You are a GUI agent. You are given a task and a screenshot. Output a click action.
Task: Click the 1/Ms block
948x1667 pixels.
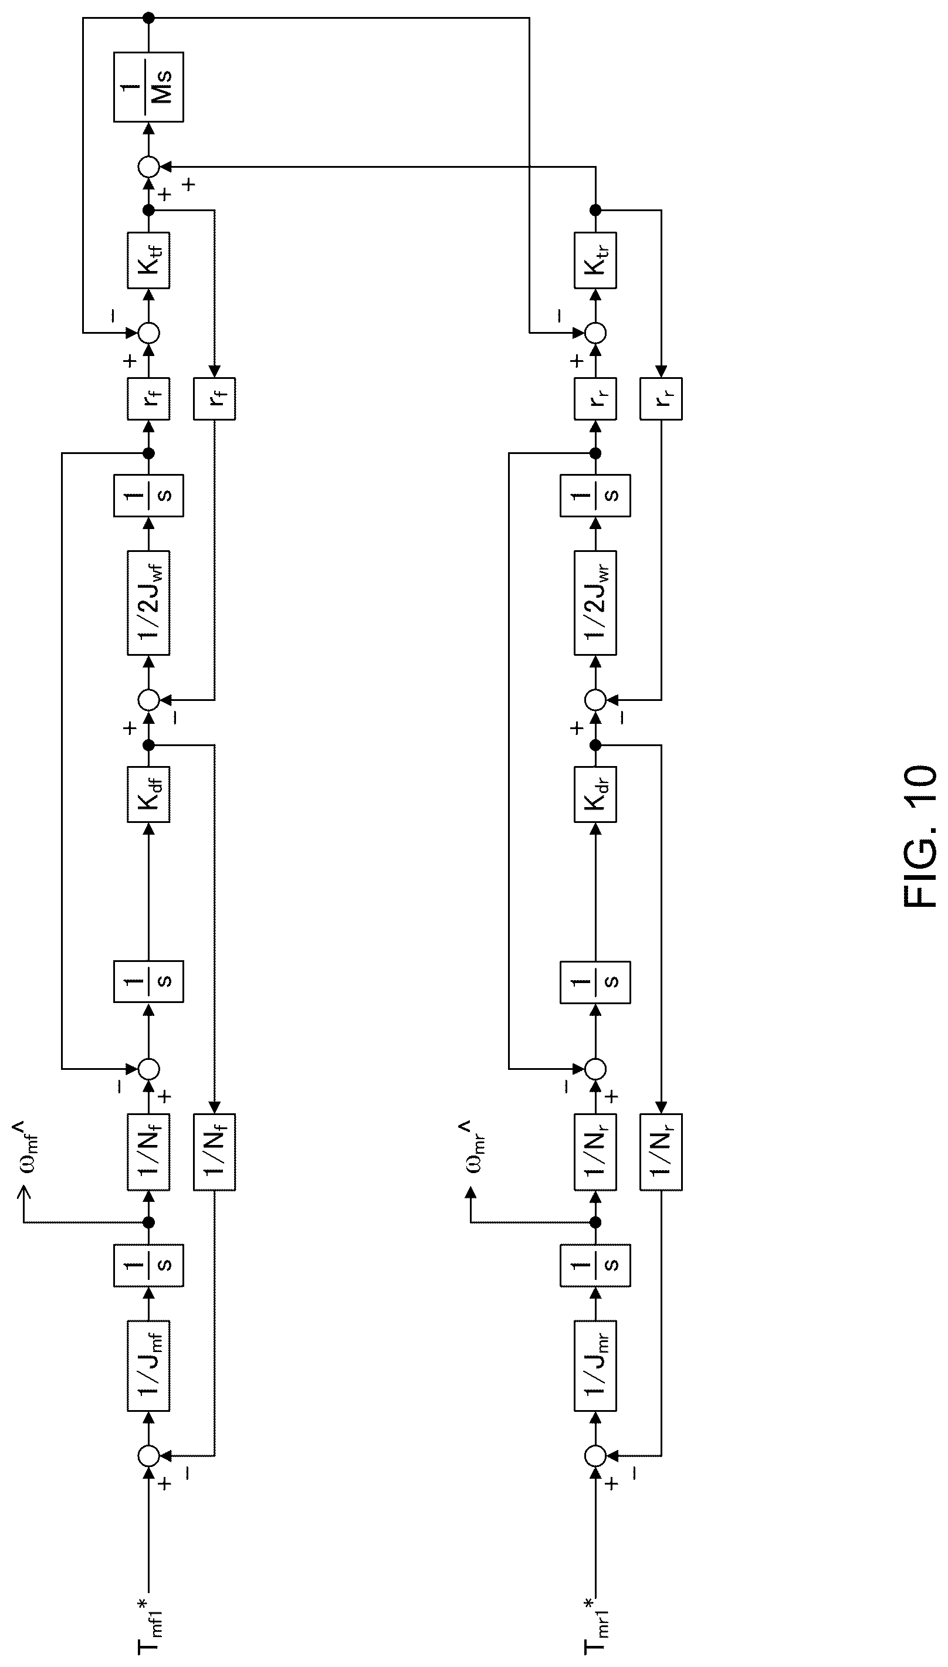148,87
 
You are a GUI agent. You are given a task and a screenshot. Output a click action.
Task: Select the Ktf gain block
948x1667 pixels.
148,260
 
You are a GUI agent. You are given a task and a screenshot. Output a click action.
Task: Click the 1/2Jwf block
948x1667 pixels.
148,603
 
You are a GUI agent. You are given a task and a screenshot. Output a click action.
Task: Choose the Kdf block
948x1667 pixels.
148,794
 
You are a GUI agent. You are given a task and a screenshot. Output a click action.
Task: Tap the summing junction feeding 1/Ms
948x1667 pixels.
148,167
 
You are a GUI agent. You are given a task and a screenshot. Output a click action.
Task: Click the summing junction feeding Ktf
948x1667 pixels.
148,333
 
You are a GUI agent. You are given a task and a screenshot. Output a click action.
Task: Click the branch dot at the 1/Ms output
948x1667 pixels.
148,18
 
